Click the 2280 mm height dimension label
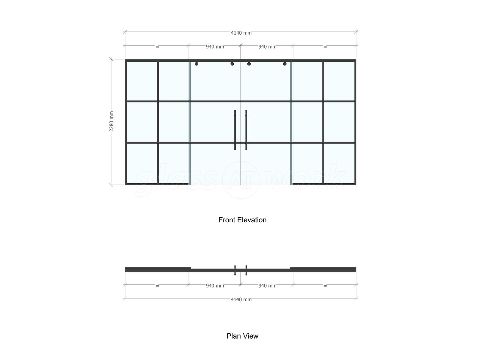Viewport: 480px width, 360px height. pyautogui.click(x=112, y=121)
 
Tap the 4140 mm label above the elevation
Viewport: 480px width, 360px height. pyautogui.click(x=241, y=33)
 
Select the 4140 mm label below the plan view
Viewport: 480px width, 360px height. pyautogui.click(x=241, y=300)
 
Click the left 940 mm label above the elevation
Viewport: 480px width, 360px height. pyautogui.click(x=215, y=47)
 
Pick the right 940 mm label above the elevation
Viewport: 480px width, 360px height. pyautogui.click(x=267, y=47)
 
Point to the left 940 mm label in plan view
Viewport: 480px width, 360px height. pyautogui.click(x=215, y=286)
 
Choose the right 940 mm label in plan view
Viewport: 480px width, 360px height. pyautogui.click(x=267, y=286)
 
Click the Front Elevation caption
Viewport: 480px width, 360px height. pyautogui.click(x=242, y=220)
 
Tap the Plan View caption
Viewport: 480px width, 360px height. pyautogui.click(x=242, y=336)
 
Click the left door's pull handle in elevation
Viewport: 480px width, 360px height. pyautogui.click(x=235, y=130)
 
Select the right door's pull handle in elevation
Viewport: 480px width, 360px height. pyautogui.click(x=246, y=130)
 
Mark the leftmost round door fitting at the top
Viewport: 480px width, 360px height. pyautogui.click(x=196, y=64)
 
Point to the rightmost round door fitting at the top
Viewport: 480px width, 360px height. pyautogui.click(x=285, y=64)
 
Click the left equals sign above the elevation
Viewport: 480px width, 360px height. pyautogui.click(x=157, y=47)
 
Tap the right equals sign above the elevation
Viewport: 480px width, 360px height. pyautogui.click(x=325, y=47)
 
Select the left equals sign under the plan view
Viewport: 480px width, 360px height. pyautogui.click(x=157, y=286)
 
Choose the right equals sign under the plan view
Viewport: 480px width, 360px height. pyautogui.click(x=325, y=286)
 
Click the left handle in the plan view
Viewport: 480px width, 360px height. pyautogui.click(x=235, y=270)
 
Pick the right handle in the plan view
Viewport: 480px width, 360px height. pyautogui.click(x=246, y=270)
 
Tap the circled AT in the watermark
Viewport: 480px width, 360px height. pyautogui.click(x=241, y=180)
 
